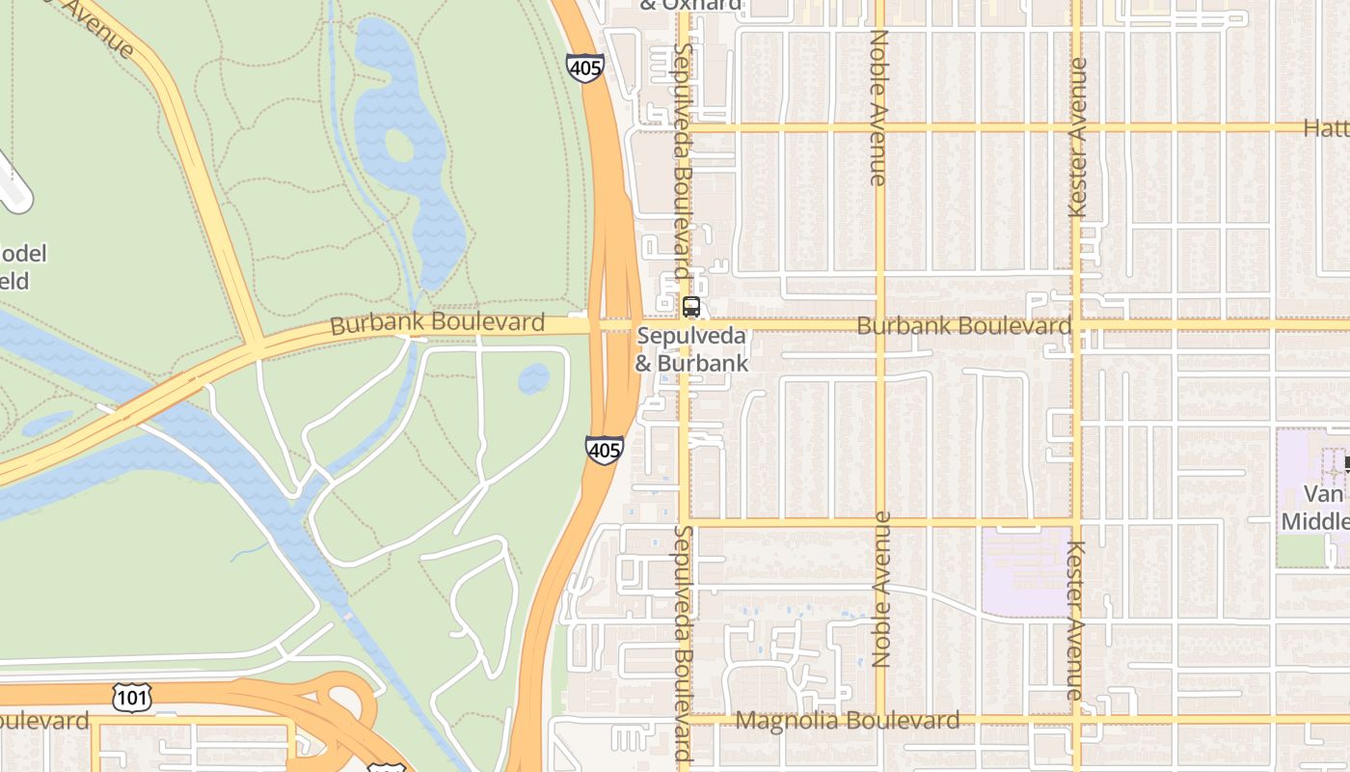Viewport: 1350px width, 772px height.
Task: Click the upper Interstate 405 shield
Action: (x=584, y=68)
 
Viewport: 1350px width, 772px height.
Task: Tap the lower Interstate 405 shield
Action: (x=604, y=450)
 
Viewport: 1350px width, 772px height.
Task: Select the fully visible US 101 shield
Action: (x=131, y=697)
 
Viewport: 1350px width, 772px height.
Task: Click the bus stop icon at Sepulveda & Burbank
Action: (x=690, y=308)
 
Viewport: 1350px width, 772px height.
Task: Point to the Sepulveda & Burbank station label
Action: (x=691, y=349)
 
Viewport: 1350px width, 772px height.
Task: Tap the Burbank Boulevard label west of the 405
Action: (x=437, y=323)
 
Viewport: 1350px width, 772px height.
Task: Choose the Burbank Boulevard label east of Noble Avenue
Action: (x=963, y=326)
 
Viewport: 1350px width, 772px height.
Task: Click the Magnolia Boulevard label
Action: (x=848, y=721)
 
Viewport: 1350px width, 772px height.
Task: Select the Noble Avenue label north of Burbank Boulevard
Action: (x=877, y=106)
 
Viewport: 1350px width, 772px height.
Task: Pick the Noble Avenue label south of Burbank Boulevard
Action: (x=879, y=589)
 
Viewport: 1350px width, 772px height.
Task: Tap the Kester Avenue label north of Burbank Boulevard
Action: (x=1078, y=137)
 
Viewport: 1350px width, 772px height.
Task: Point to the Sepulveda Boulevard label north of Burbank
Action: (x=683, y=150)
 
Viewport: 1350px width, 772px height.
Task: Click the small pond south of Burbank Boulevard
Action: (x=533, y=378)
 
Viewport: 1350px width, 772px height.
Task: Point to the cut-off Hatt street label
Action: (x=1326, y=127)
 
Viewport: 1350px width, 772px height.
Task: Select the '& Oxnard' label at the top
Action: (x=690, y=5)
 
